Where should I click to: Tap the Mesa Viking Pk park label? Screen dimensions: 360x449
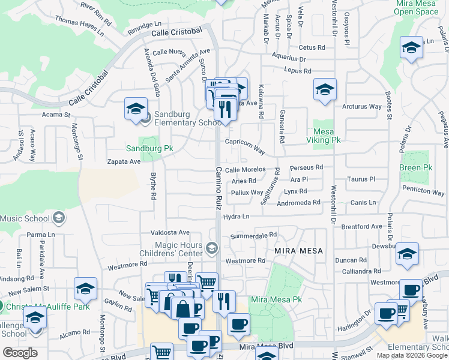(327, 135)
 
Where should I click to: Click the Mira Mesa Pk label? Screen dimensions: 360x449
(276, 299)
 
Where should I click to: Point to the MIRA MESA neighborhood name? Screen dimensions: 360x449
(299, 250)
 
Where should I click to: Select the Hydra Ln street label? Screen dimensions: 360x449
(236, 216)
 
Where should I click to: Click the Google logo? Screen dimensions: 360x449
(20, 353)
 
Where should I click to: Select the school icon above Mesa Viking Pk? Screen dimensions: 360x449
(325, 89)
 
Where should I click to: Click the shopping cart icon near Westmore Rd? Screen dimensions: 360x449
(206, 281)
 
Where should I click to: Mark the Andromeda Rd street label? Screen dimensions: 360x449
(299, 203)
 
